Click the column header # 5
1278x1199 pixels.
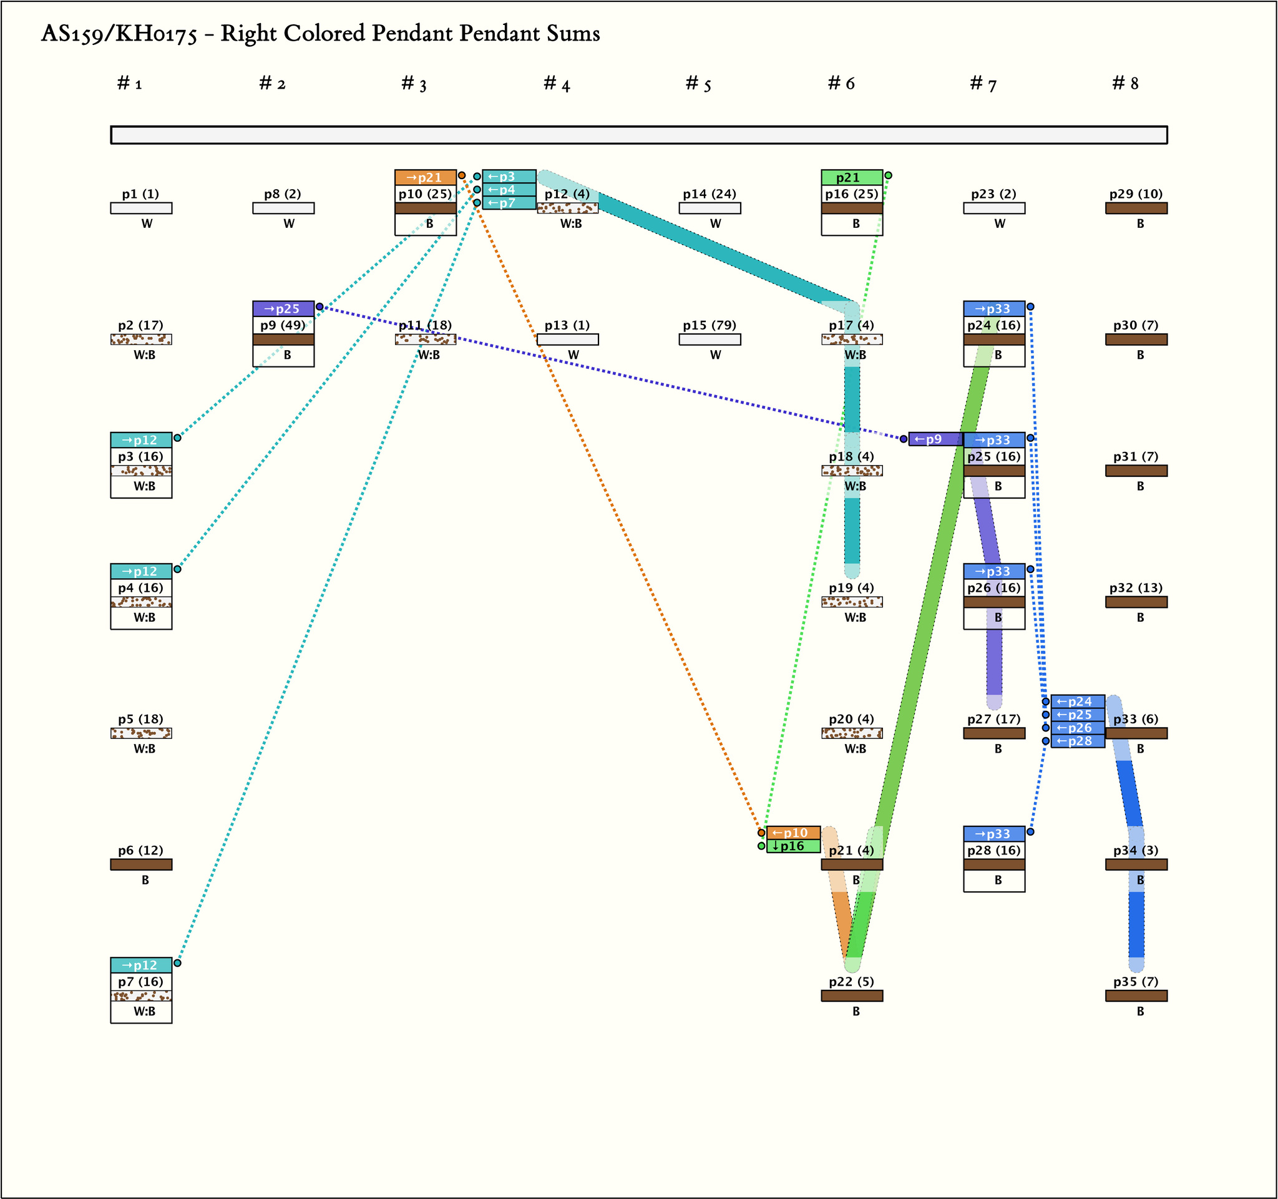698,84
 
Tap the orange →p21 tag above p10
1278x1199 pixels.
425,177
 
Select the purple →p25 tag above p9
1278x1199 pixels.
283,308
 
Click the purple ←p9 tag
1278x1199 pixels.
935,439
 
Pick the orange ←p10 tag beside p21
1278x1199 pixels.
793,833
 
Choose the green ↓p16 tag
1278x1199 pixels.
793,846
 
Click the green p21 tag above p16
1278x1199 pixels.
851,177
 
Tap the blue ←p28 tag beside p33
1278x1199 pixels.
1078,741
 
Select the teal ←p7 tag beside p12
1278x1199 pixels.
509,203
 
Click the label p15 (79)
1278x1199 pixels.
709,325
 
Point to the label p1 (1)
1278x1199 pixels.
140,194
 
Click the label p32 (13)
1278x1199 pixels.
1135,587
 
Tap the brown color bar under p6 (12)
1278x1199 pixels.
141,864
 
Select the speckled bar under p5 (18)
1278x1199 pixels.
141,733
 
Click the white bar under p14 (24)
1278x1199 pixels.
709,208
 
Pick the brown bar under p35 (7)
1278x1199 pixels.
1135,996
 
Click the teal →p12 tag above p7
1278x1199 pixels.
141,965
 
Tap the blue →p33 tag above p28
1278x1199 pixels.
993,834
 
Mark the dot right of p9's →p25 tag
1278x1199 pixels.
319,306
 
